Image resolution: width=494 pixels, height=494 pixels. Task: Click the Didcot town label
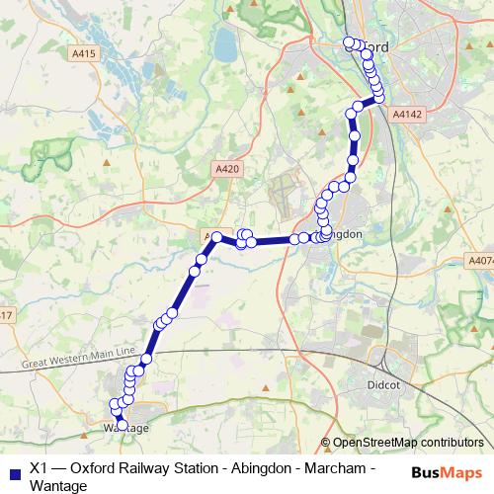(x=382, y=383)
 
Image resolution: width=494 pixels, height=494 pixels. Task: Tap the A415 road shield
(x=84, y=53)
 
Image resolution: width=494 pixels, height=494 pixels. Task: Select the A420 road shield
(x=226, y=170)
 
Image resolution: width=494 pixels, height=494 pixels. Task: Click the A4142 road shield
(x=406, y=116)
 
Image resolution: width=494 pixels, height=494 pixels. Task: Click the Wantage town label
(x=125, y=428)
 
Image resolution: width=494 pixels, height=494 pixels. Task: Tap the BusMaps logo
(x=446, y=470)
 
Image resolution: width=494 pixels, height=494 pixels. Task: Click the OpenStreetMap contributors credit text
(x=408, y=443)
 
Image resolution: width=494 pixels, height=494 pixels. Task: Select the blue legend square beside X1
(x=13, y=471)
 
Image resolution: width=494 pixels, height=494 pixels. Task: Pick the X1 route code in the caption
(x=40, y=469)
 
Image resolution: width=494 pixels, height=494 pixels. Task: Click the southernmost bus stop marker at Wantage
(x=123, y=425)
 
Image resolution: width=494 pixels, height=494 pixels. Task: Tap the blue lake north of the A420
(x=225, y=42)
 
